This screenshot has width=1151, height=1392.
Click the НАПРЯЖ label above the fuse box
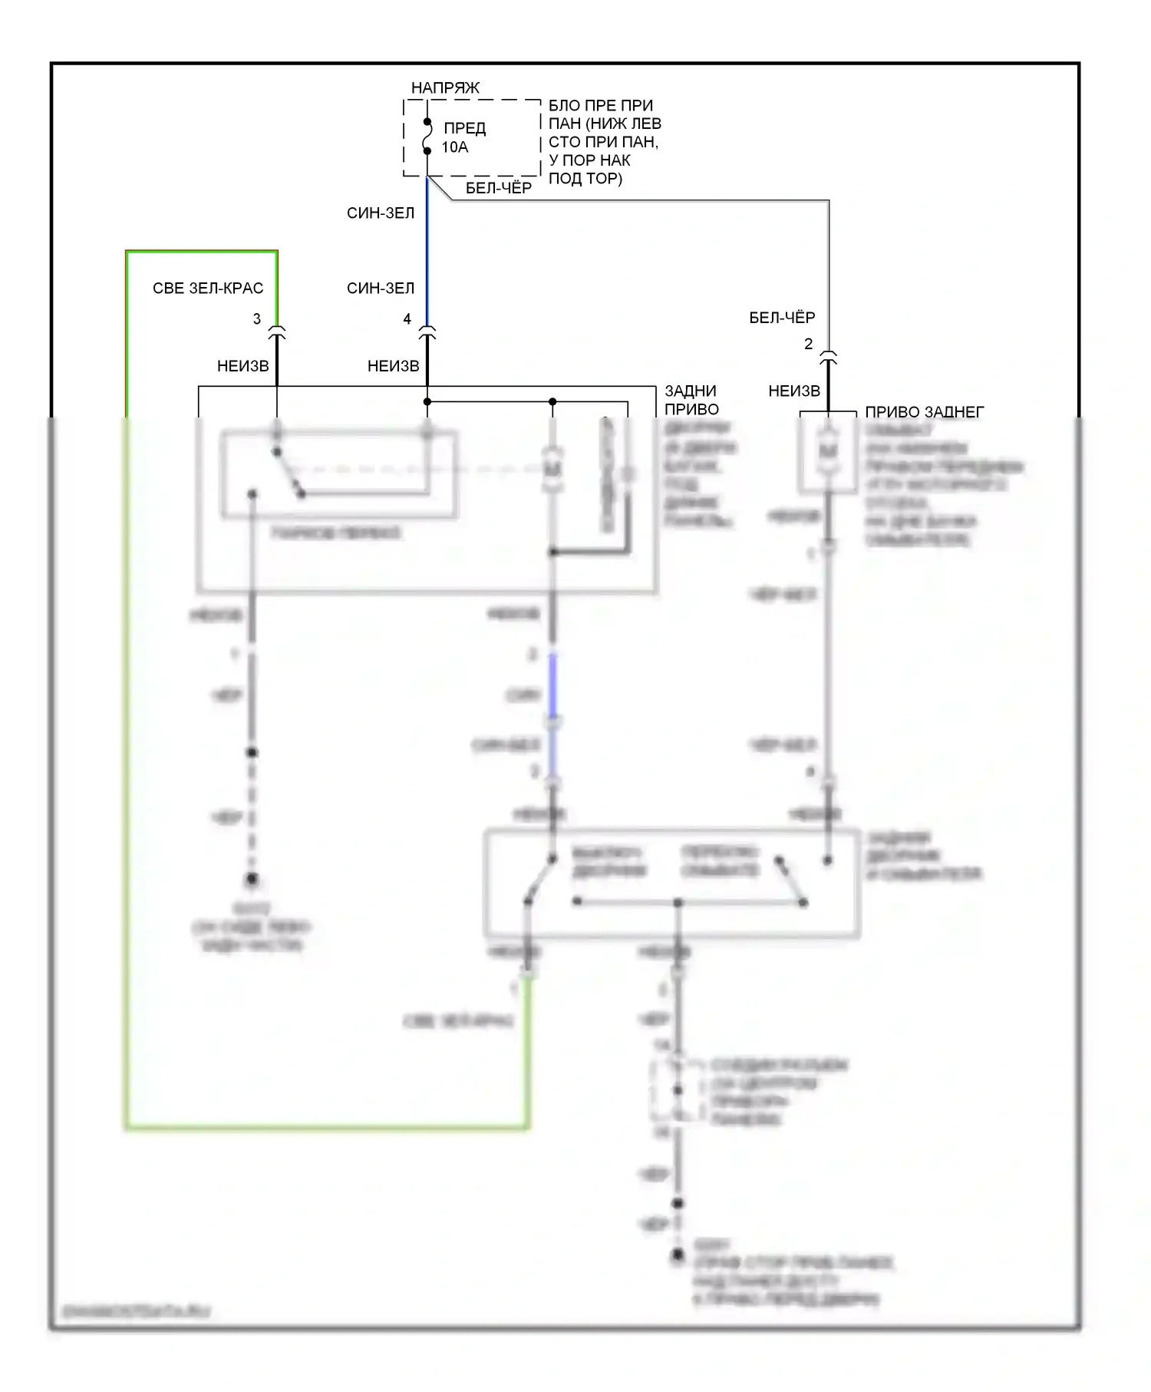coord(445,87)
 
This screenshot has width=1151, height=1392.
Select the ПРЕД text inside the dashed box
coord(465,127)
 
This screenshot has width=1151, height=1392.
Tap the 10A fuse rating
coord(454,147)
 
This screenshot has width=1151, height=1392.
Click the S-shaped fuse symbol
coord(427,137)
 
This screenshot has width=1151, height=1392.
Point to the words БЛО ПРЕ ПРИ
coord(601,105)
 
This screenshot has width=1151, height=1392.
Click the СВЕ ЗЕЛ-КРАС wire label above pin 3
coord(208,289)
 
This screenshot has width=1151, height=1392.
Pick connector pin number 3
coord(257,318)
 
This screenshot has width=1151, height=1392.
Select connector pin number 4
coord(407,318)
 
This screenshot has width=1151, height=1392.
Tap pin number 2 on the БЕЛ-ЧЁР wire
coord(808,344)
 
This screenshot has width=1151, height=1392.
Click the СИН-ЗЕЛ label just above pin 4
coord(381,289)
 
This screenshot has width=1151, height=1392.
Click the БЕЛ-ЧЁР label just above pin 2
coord(782,318)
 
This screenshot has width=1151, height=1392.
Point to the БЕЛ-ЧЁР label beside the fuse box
coord(499,188)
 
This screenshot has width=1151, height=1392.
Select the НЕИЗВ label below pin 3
coord(243,366)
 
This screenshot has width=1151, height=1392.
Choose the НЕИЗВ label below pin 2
coord(794,391)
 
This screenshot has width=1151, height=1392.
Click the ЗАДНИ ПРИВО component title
coord(691,400)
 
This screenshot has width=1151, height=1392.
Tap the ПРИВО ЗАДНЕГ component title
coord(924,412)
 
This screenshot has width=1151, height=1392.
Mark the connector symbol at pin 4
coord(427,333)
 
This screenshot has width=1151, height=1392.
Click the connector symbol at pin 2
coord(828,358)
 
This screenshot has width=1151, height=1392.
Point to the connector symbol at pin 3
coord(277,333)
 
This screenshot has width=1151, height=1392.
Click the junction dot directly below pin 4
coord(427,401)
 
